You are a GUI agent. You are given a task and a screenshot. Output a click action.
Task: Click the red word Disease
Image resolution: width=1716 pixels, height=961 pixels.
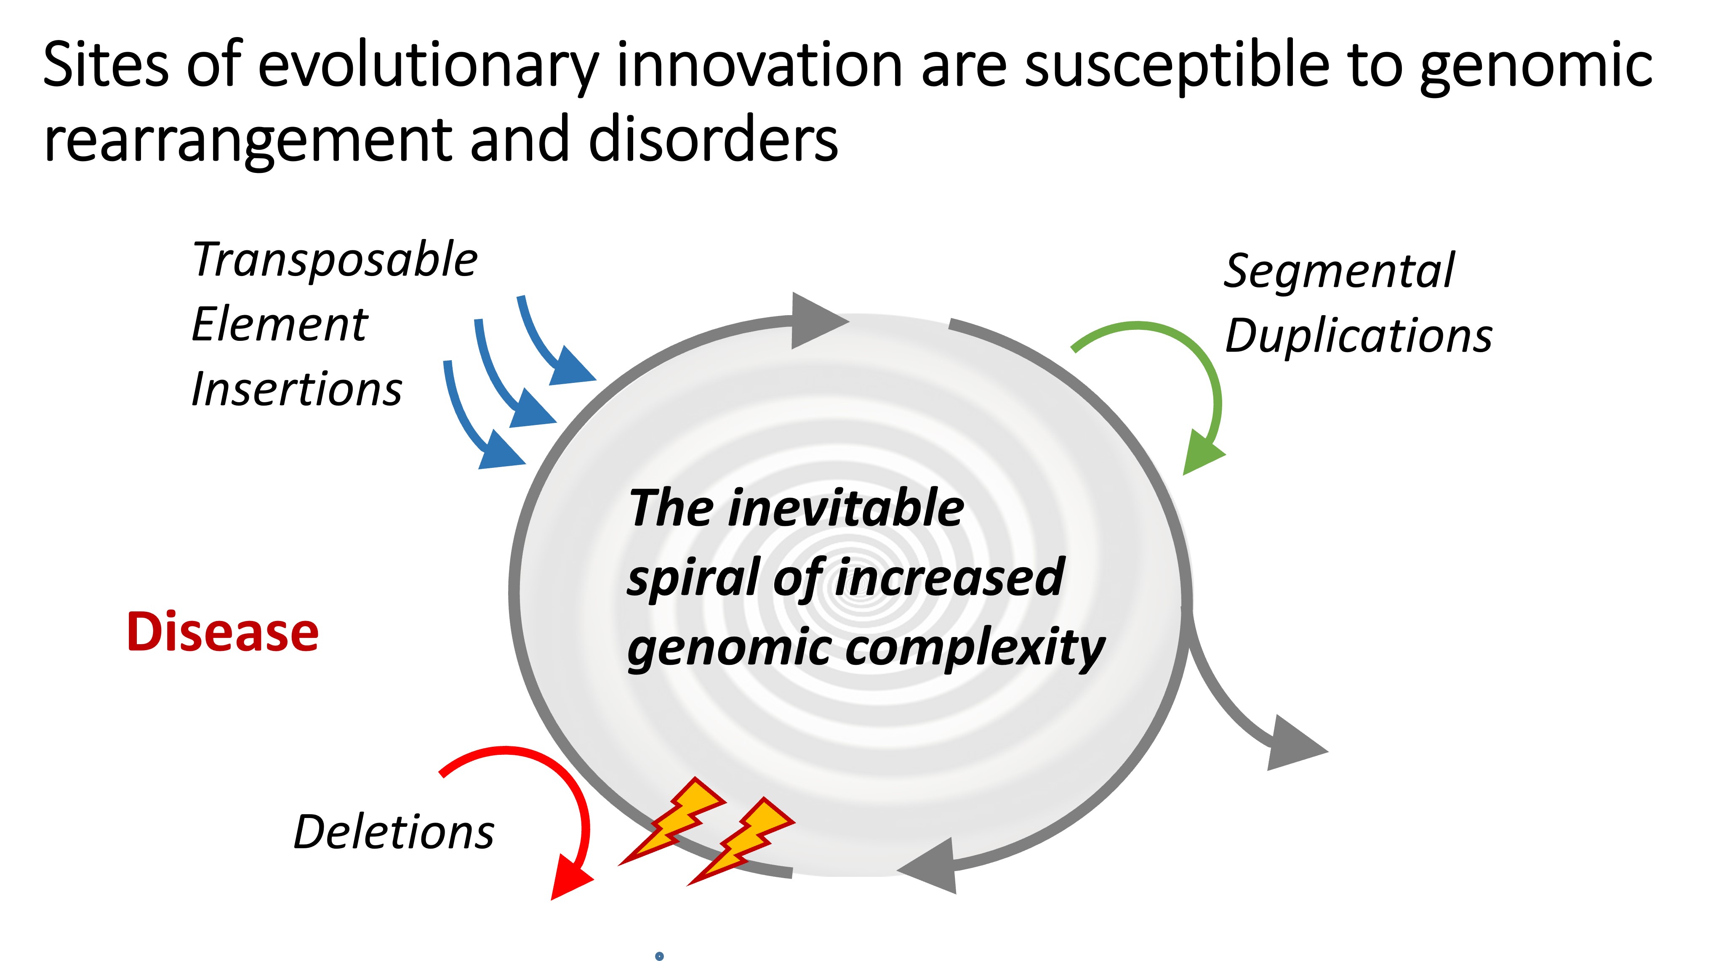tap(222, 632)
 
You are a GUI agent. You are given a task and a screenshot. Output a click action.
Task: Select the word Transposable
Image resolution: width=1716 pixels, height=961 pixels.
tap(335, 260)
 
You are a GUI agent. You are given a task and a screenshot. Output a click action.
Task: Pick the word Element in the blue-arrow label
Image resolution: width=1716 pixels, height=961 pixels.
tap(280, 324)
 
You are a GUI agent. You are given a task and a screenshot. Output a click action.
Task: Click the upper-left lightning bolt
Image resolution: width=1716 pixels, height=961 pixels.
tap(672, 821)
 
